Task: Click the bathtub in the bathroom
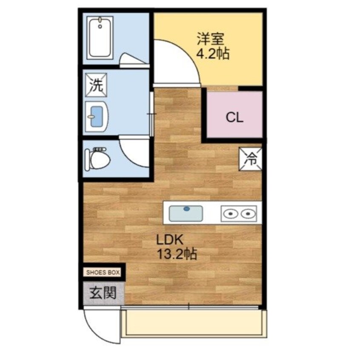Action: pyautogui.click(x=100, y=39)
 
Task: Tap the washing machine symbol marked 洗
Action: pyautogui.click(x=96, y=86)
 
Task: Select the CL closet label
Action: pyautogui.click(x=234, y=117)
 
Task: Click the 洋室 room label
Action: pyautogui.click(x=209, y=40)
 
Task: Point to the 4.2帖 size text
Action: pyautogui.click(x=212, y=54)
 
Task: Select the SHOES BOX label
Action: pyautogui.click(x=103, y=272)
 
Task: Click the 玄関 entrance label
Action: pyautogui.click(x=103, y=293)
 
